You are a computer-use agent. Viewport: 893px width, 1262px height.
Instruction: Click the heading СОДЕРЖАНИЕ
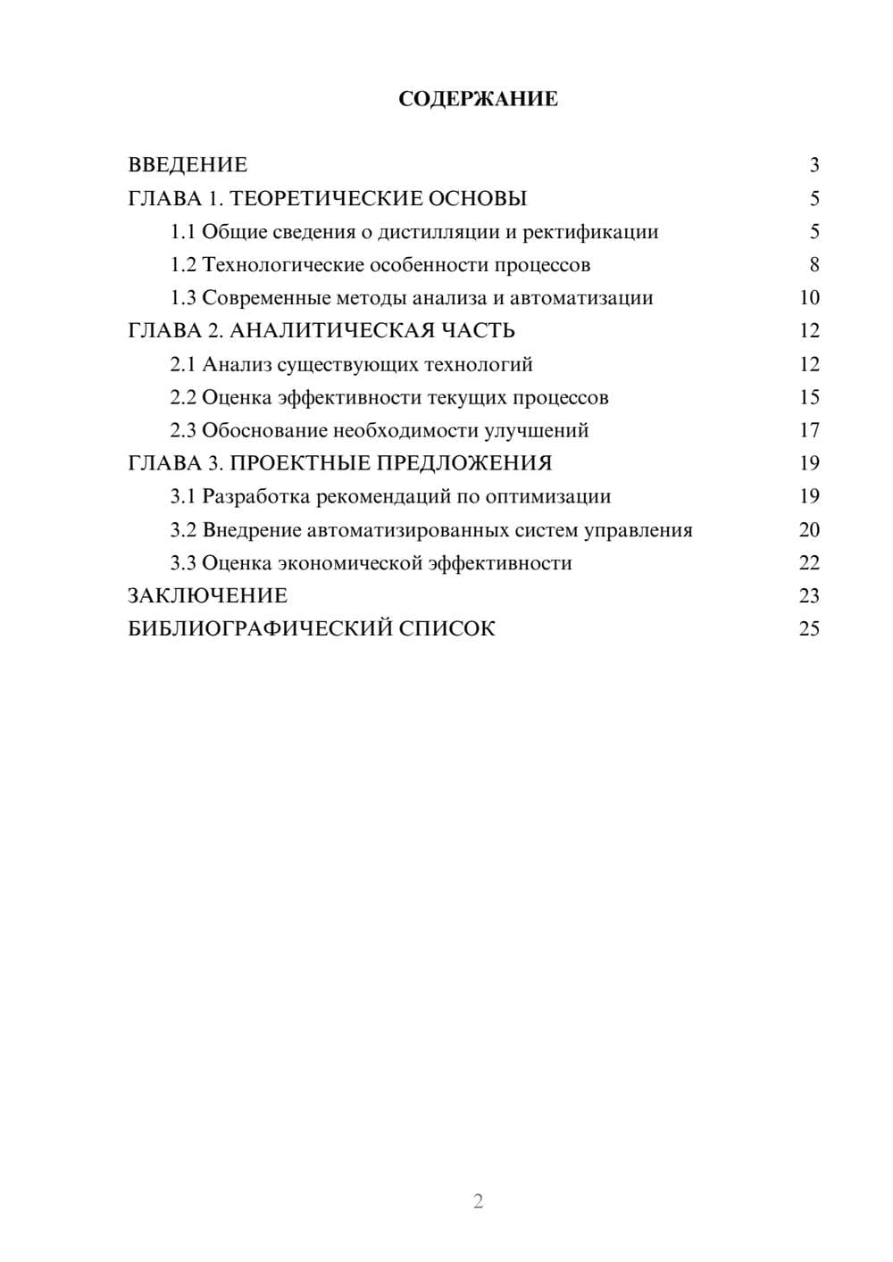478,99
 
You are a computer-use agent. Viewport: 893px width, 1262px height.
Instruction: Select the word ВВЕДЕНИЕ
188,165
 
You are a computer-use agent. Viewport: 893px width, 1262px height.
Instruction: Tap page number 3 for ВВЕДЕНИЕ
814,165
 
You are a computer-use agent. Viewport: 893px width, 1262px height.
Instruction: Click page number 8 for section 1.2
814,265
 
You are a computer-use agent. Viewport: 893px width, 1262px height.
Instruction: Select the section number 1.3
183,298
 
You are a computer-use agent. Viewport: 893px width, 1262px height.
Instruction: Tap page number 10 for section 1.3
809,298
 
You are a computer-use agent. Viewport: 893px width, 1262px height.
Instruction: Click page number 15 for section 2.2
809,397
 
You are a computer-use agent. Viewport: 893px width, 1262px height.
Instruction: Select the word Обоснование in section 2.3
264,430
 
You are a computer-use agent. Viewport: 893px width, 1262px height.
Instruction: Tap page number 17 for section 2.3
809,430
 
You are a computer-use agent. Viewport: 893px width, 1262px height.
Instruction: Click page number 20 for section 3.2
809,530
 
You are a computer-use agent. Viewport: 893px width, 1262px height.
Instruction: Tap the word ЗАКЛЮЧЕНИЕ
207,596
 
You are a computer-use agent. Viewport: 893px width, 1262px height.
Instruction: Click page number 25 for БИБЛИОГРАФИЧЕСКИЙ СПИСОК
809,629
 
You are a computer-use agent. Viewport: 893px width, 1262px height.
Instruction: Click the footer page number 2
478,1201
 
